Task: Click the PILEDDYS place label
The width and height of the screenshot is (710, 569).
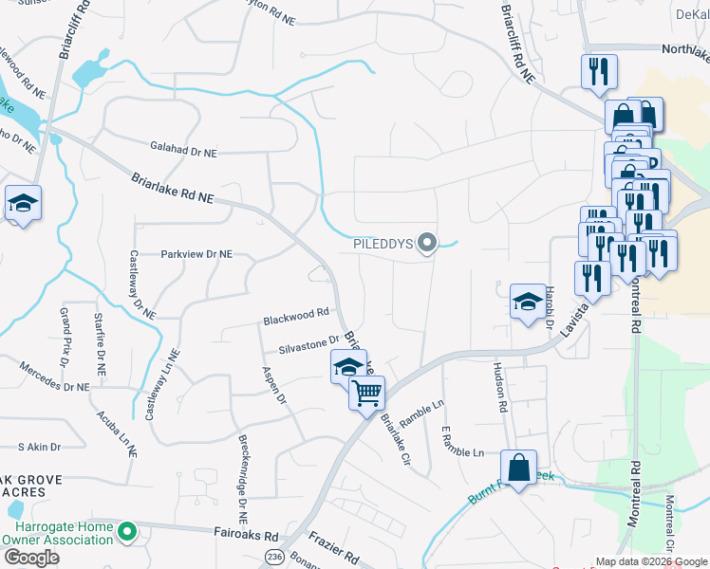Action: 383,244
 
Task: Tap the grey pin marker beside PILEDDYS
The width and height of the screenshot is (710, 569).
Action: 427,244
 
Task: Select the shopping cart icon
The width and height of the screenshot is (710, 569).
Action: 366,391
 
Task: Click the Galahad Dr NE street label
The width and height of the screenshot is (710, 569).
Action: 183,150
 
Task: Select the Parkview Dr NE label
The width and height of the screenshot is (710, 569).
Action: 196,254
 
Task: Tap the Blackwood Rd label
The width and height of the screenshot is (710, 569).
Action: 296,312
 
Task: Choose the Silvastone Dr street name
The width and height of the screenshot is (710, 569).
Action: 308,341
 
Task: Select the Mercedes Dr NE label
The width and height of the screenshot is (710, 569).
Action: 53,387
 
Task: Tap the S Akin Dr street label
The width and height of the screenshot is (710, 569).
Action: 39,446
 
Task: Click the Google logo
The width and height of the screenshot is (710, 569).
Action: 31,558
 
